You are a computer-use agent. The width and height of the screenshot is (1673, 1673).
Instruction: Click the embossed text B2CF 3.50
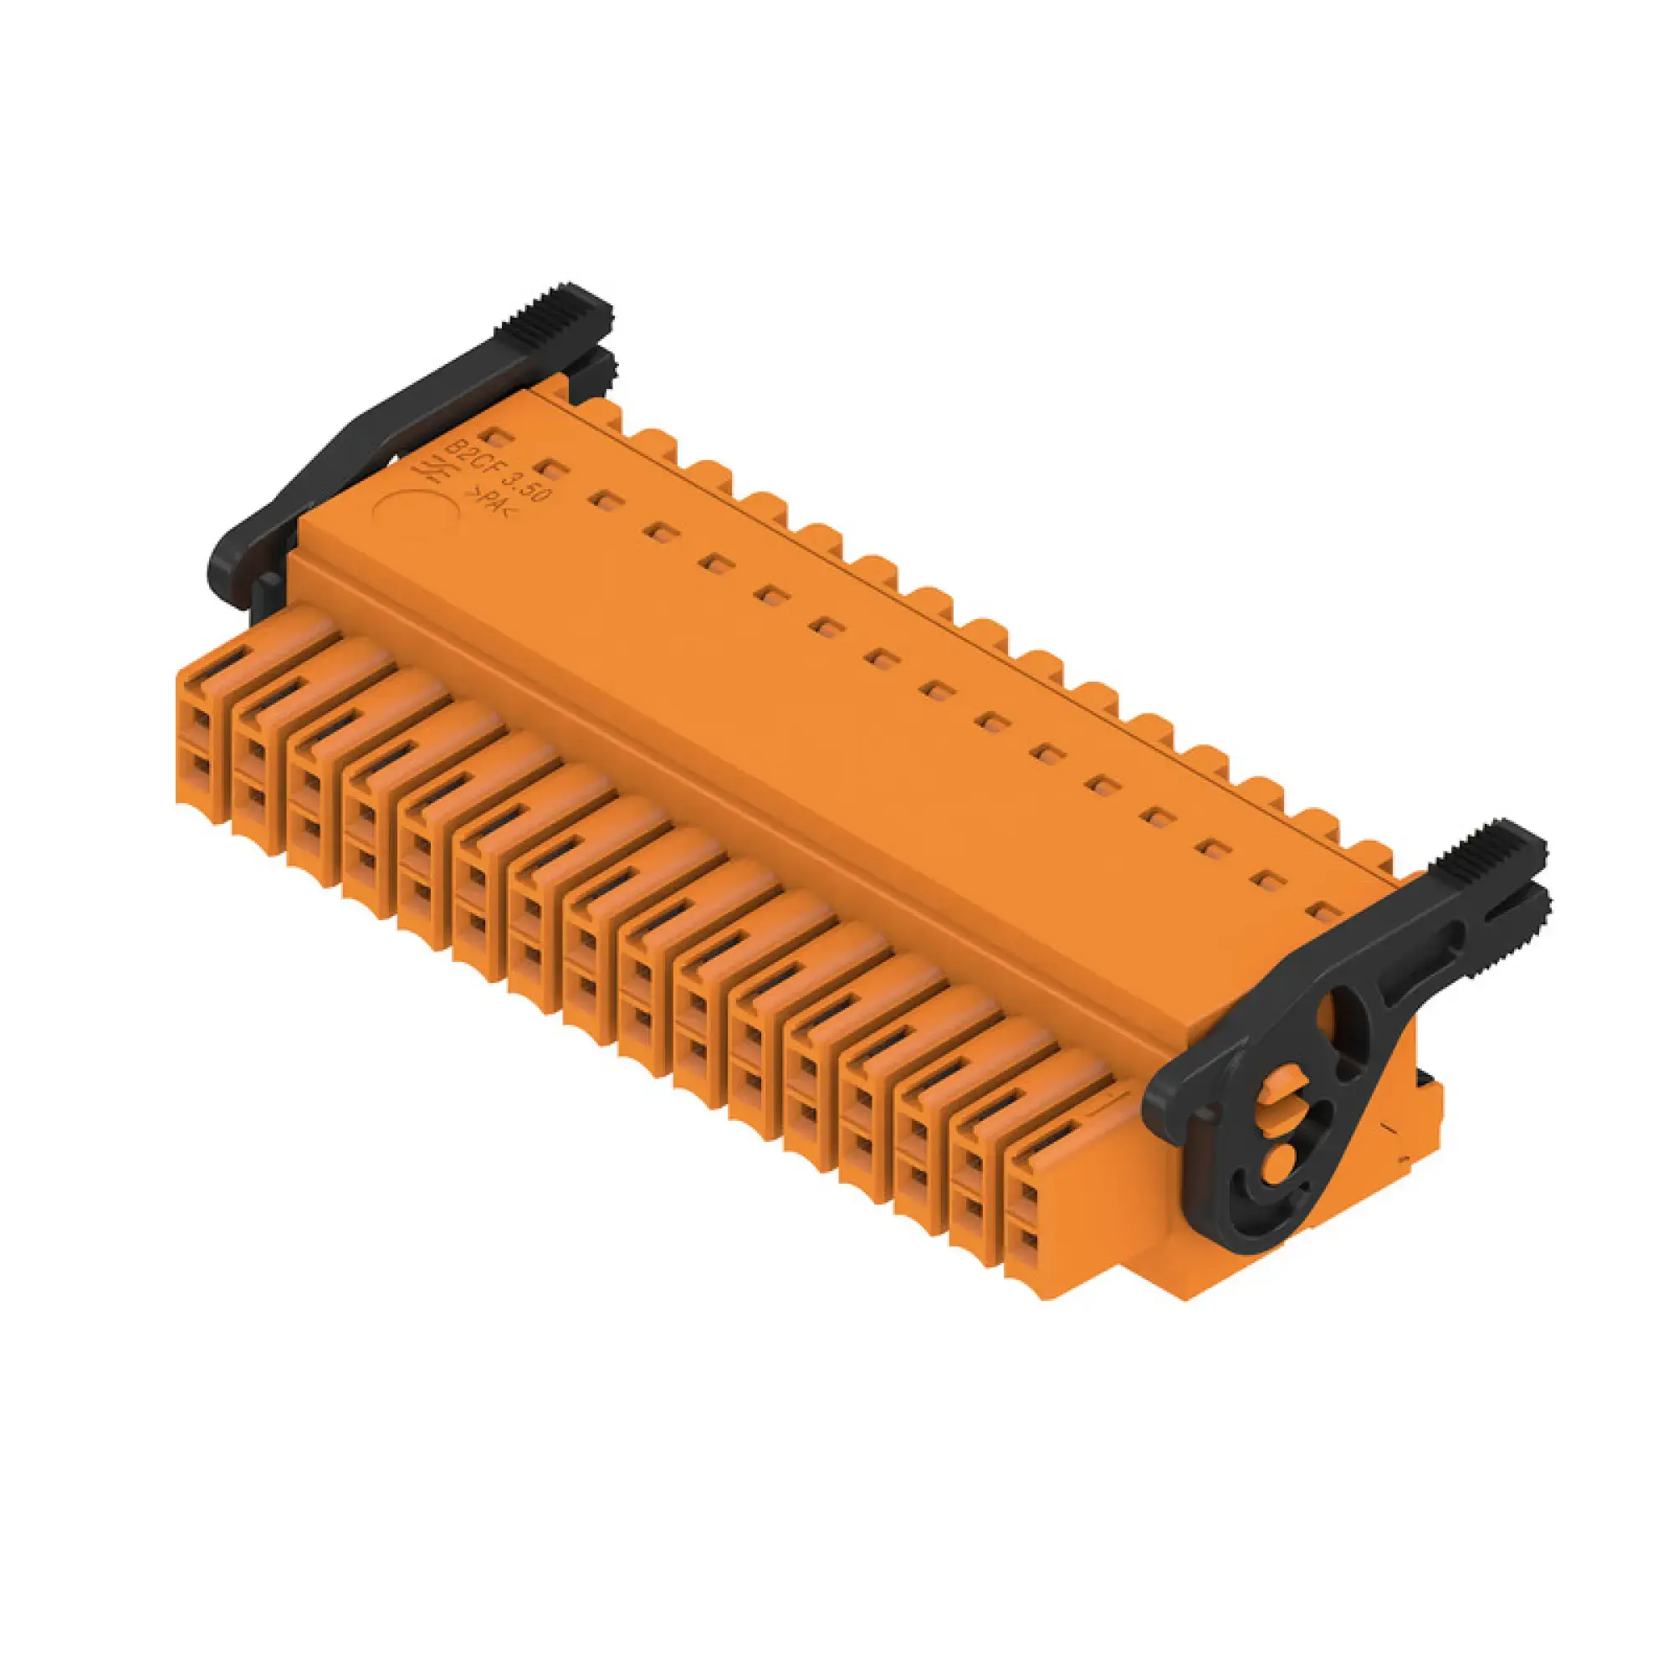pyautogui.click(x=499, y=473)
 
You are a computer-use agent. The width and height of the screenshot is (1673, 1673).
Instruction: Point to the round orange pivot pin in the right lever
pyautogui.click(x=1281, y=1155)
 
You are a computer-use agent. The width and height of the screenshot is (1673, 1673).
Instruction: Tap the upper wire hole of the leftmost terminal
pyautogui.click(x=200, y=719)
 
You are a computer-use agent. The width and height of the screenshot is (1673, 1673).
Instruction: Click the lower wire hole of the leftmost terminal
pyautogui.click(x=200, y=767)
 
